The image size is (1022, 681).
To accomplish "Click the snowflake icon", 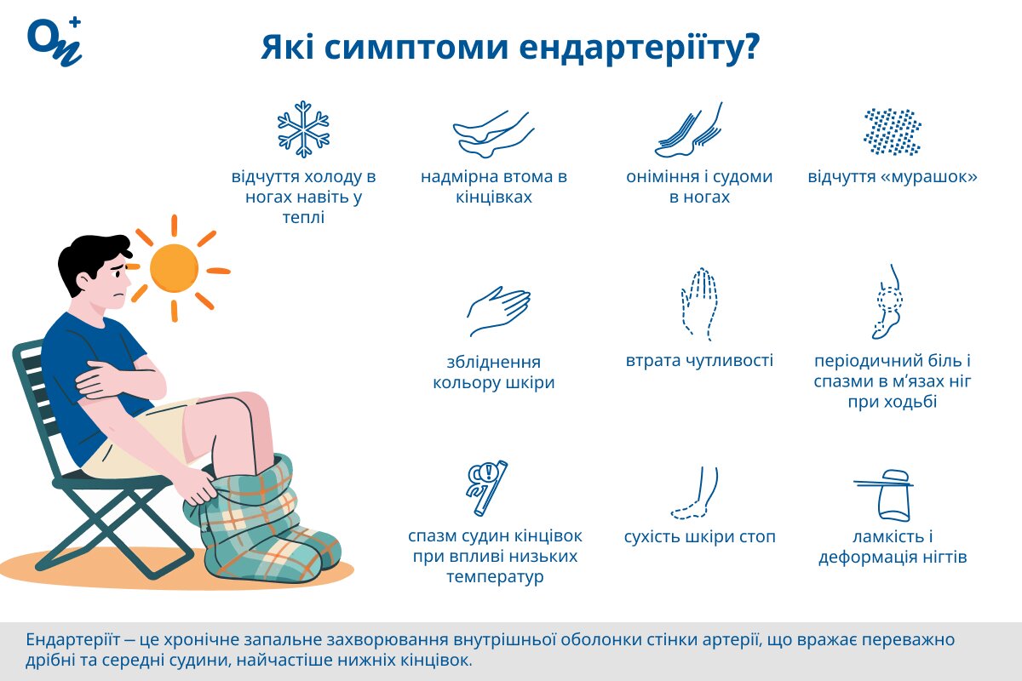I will (303, 129).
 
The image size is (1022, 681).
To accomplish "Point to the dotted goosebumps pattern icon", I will (892, 131).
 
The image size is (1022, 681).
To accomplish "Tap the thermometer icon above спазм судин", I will (488, 488).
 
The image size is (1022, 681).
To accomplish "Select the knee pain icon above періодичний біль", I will (889, 302).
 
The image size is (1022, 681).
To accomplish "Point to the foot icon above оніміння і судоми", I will (691, 130).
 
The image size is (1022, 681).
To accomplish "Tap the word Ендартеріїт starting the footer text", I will (71, 640).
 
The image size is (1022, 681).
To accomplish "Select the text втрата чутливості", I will (699, 361).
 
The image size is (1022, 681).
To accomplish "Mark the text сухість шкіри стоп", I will (699, 537).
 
